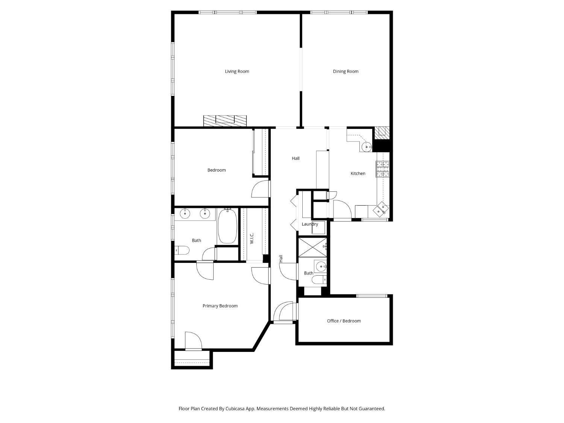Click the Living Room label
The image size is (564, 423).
(237, 71)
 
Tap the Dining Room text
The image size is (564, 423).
(346, 71)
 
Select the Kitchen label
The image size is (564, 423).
(358, 173)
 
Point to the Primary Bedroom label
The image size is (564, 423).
(220, 306)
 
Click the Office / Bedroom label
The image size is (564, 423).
(344, 321)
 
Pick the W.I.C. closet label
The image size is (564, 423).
(252, 238)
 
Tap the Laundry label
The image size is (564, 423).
(310, 224)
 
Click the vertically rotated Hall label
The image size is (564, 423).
(281, 259)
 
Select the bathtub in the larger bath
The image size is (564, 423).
(227, 226)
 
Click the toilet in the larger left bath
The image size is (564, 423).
(182, 250)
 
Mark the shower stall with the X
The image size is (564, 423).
(312, 247)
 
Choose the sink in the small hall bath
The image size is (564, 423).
(321, 267)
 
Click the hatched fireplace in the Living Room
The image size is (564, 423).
(225, 120)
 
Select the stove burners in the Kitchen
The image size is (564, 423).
(383, 169)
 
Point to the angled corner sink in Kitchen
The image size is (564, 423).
(381, 209)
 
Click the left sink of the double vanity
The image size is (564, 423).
(185, 214)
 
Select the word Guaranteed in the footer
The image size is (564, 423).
(371, 408)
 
